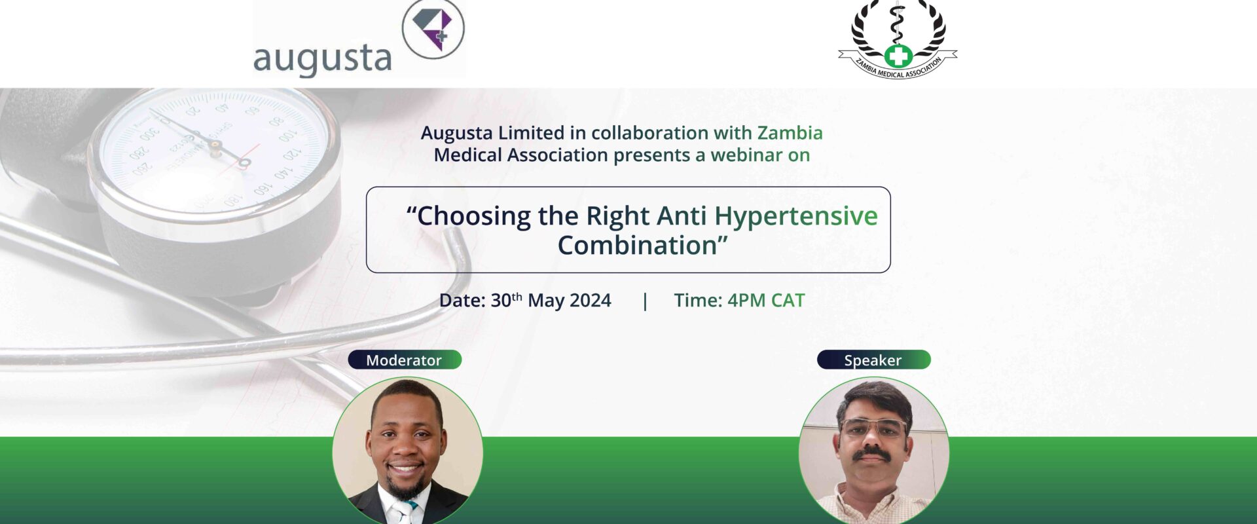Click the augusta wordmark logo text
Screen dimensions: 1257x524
pyautogui.click(x=322, y=60)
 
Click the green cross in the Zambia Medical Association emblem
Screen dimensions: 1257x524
pyautogui.click(x=898, y=56)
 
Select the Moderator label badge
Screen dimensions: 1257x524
pyautogui.click(x=405, y=360)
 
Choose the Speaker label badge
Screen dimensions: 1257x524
pyautogui.click(x=873, y=360)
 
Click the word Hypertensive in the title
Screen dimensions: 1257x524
pyautogui.click(x=795, y=216)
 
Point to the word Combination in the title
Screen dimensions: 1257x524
pyautogui.click(x=637, y=246)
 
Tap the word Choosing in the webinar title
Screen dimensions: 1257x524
pyautogui.click(x=474, y=216)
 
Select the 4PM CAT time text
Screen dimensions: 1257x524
pyautogui.click(x=766, y=300)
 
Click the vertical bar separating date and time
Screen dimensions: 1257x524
pyautogui.click(x=645, y=301)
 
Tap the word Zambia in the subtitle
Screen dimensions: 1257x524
pyautogui.click(x=790, y=133)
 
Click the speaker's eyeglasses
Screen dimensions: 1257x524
pyautogui.click(x=873, y=428)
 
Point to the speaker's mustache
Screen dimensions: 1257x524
pyautogui.click(x=873, y=452)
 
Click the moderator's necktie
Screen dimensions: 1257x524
pyautogui.click(x=405, y=512)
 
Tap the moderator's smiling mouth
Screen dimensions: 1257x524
pyautogui.click(x=405, y=469)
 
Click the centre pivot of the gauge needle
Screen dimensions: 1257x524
pyautogui.click(x=244, y=162)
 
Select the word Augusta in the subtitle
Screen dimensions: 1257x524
pyautogui.click(x=456, y=134)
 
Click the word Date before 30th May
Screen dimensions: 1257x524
pyautogui.click(x=462, y=300)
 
